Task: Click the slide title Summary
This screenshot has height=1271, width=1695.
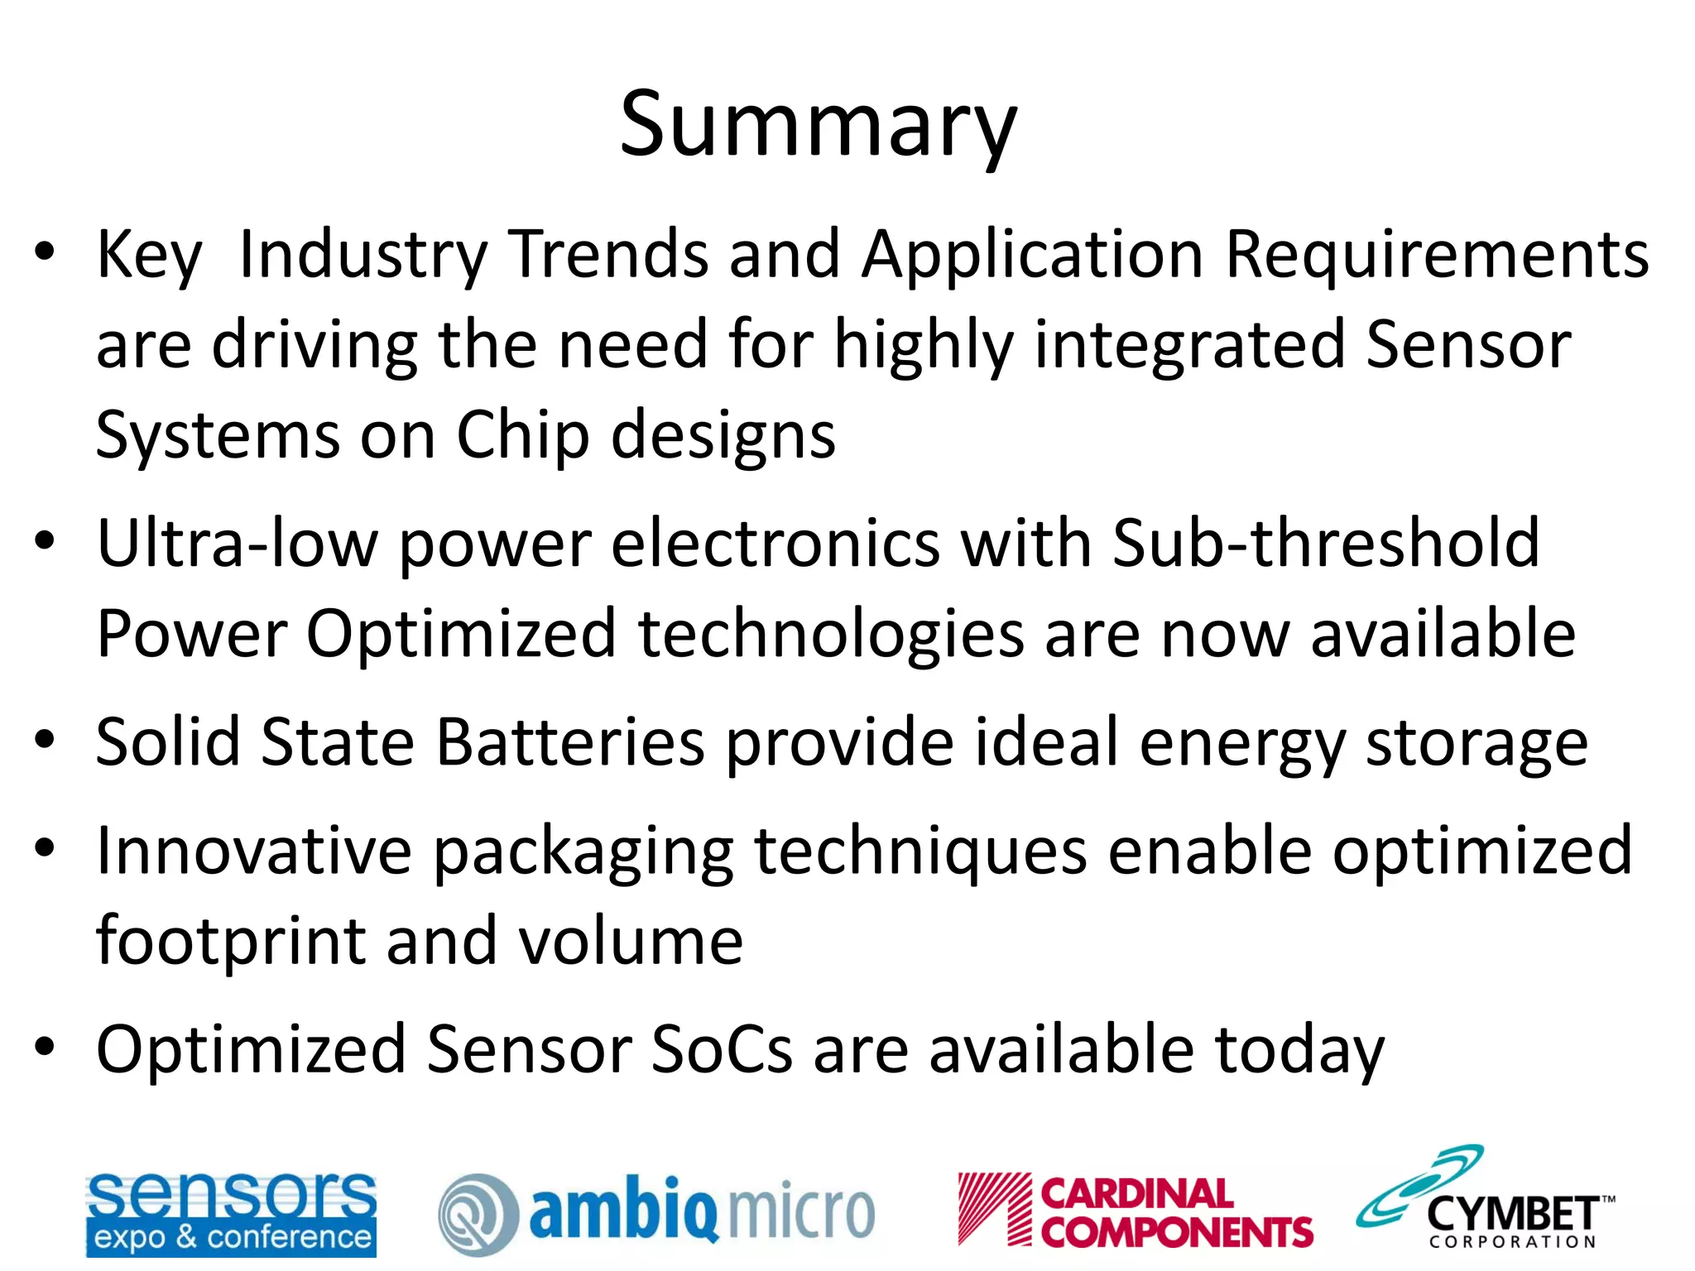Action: [818, 126]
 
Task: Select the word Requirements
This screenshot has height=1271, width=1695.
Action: [1437, 255]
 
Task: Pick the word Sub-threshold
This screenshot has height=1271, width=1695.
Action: [1325, 543]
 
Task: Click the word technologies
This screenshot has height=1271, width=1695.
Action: [830, 634]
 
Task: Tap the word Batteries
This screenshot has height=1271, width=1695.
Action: [570, 741]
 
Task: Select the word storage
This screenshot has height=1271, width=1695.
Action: [1476, 743]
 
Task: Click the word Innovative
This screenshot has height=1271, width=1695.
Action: [254, 851]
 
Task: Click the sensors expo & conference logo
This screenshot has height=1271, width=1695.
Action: [231, 1213]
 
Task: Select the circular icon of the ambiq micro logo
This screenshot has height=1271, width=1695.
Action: [478, 1214]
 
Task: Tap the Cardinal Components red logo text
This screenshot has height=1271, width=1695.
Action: [1175, 1213]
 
